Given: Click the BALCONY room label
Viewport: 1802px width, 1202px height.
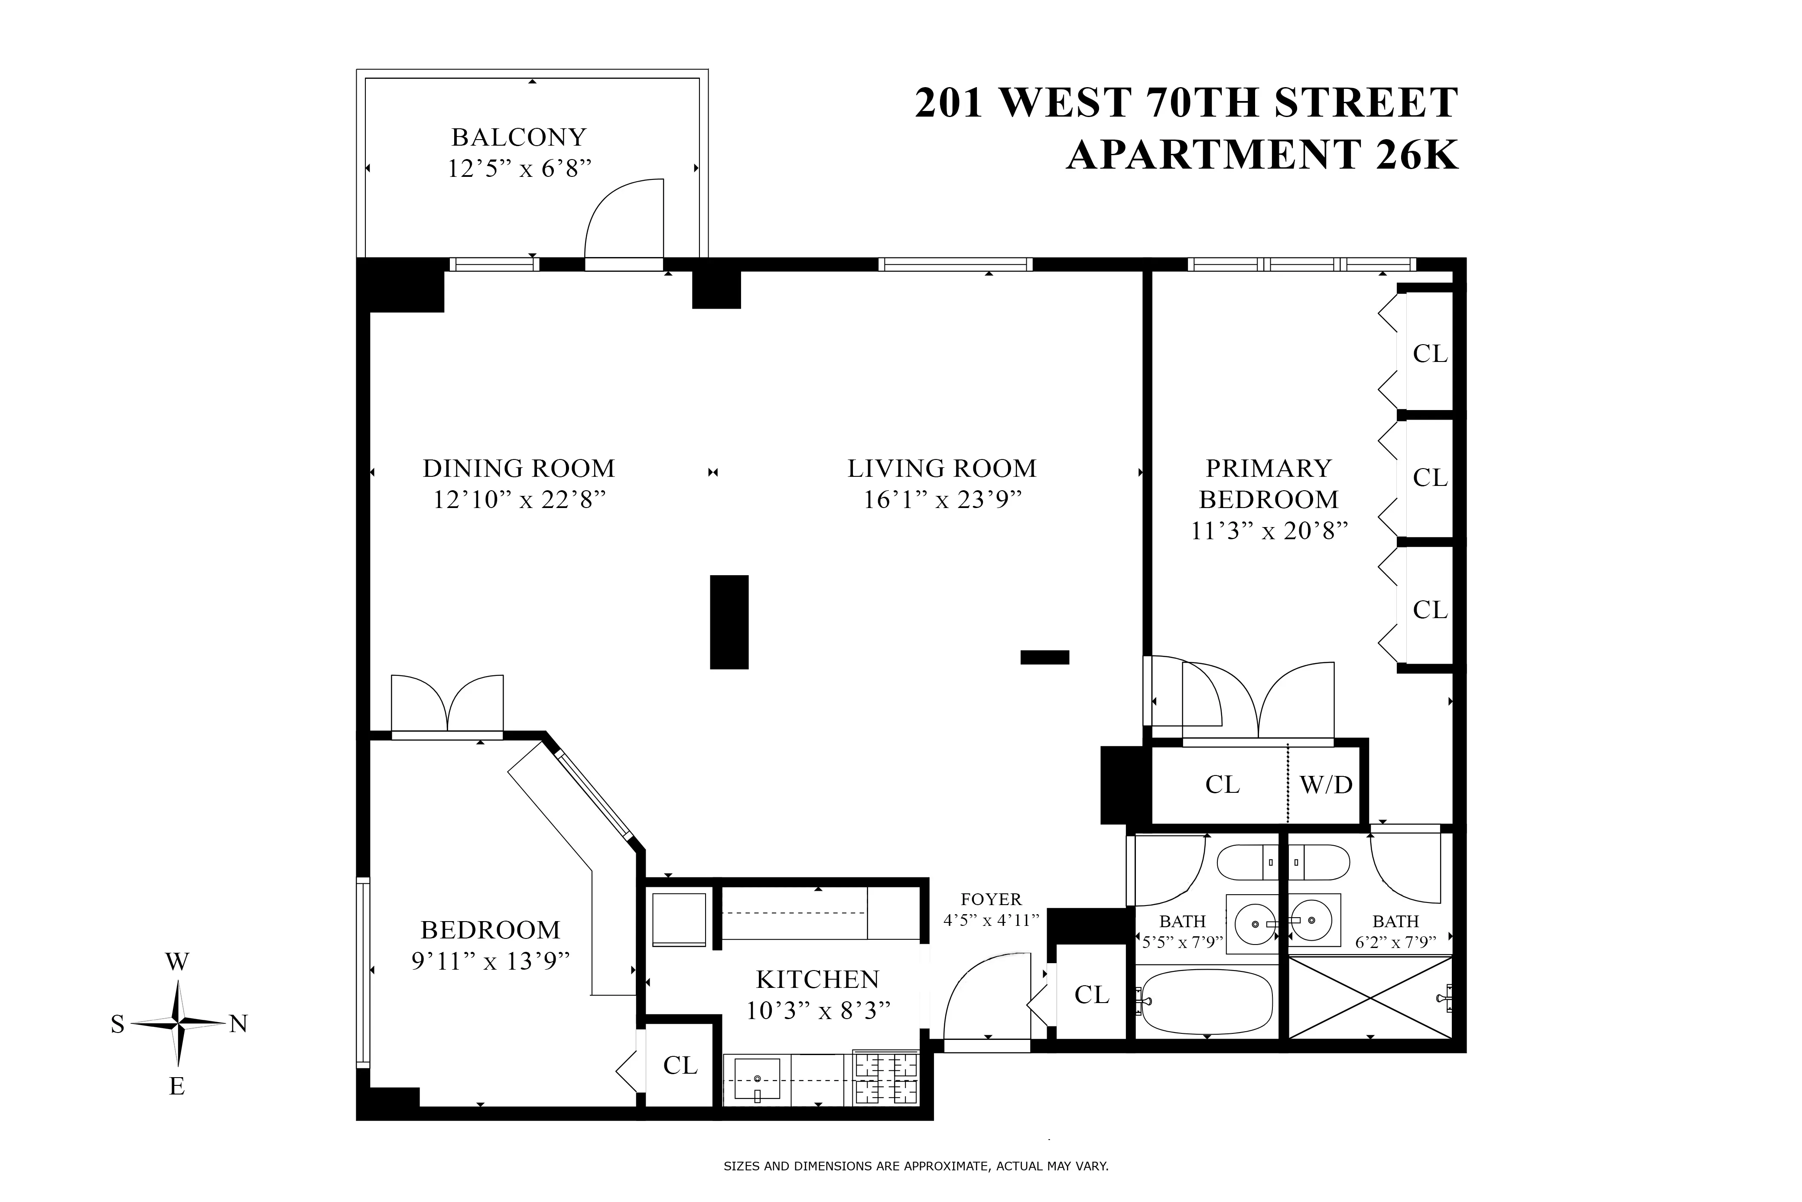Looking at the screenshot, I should click(x=518, y=137).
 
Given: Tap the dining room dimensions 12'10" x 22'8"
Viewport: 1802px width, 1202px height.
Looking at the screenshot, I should click(x=519, y=500).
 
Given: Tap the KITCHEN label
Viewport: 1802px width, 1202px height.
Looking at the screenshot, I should click(x=817, y=980).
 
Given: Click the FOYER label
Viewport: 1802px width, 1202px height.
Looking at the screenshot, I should click(x=991, y=899).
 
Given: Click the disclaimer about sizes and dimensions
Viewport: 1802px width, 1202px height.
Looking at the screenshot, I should click(x=915, y=1167).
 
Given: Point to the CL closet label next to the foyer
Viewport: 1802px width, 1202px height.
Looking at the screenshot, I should click(x=1091, y=995).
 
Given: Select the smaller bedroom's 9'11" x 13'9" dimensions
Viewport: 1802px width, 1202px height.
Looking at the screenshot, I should click(x=491, y=961).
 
